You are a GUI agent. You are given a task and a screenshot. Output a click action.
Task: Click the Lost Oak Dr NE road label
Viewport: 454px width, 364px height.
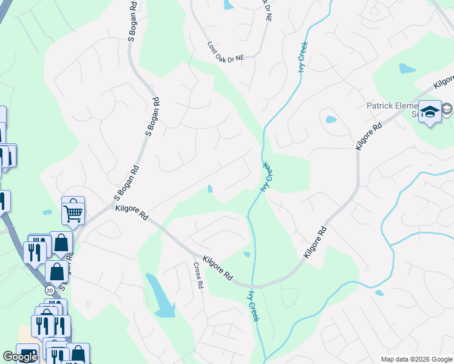pyautogui.click(x=225, y=52)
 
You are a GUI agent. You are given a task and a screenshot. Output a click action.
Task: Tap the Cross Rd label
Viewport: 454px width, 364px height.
pyautogui.click(x=198, y=275)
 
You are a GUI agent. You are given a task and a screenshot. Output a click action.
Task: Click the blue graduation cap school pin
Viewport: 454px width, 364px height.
pyautogui.click(x=430, y=112)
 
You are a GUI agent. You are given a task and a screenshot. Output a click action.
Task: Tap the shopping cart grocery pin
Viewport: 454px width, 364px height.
pyautogui.click(x=73, y=211)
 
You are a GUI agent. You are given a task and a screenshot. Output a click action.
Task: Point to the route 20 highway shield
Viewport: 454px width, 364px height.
pyautogui.click(x=49, y=291)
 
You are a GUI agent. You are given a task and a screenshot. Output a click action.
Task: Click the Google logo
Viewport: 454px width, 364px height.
pyautogui.click(x=20, y=357)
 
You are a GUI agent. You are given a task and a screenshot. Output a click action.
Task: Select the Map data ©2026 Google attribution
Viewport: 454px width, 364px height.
pyautogui.click(x=416, y=359)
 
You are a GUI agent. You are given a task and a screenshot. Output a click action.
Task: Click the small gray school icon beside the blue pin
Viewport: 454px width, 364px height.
pyautogui.click(x=447, y=109)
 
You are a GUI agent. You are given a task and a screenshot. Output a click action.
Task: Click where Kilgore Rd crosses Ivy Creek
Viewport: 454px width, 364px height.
pyautogui.click(x=255, y=285)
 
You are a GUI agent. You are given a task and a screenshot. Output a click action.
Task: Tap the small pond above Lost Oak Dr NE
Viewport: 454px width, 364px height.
pyautogui.click(x=229, y=5)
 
